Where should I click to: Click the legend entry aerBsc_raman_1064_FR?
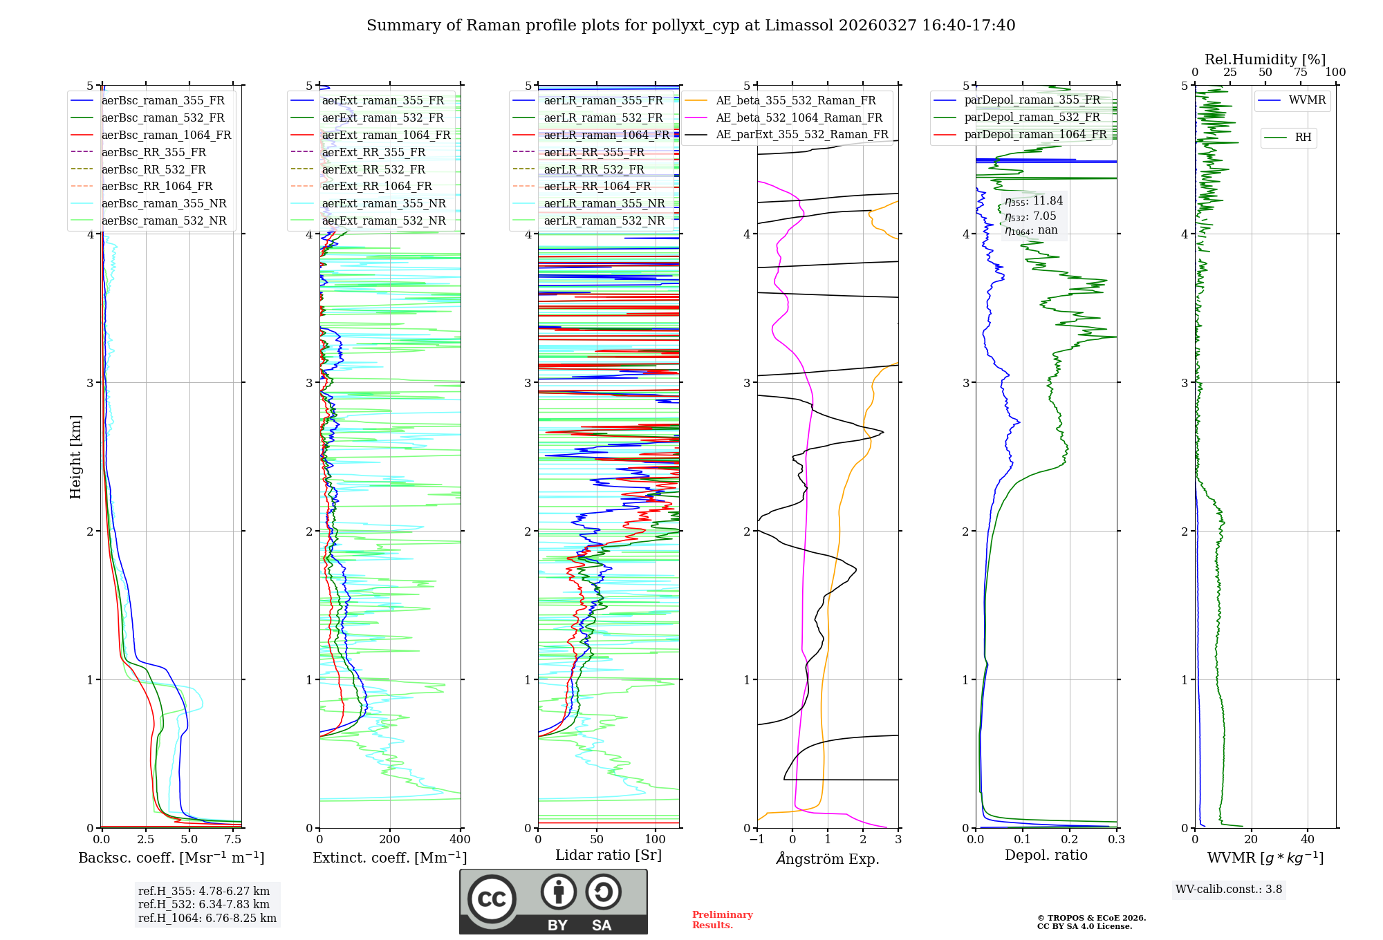click(166, 135)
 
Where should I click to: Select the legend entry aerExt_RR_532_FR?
click(373, 169)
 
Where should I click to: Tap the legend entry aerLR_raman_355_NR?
click(604, 204)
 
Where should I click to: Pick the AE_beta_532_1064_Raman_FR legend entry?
click(799, 118)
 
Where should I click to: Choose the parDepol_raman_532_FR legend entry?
click(1032, 117)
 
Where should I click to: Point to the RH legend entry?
click(1303, 138)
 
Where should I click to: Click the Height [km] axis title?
click(75, 457)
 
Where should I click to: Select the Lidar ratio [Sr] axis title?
click(609, 855)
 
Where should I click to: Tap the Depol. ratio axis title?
click(1046, 855)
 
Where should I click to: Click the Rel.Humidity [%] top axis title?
click(1265, 59)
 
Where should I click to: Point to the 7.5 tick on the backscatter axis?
click(233, 840)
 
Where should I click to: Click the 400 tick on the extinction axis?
click(460, 840)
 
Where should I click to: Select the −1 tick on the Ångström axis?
click(757, 840)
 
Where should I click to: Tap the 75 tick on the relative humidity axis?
click(1300, 73)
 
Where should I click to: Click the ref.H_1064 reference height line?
click(207, 919)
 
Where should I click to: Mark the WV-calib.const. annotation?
click(1229, 890)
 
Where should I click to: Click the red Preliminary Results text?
click(722, 920)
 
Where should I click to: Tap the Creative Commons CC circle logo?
click(492, 899)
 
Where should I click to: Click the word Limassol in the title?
click(799, 26)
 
